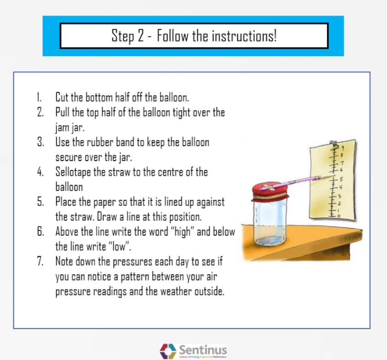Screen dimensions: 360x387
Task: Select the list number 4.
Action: click(x=40, y=172)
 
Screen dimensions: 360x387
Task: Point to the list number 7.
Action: click(x=40, y=262)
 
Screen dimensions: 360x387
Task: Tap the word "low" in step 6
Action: click(x=121, y=247)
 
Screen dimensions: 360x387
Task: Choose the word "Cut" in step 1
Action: click(x=63, y=98)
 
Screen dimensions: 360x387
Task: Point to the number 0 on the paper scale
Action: click(x=339, y=215)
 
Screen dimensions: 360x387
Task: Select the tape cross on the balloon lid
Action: click(x=270, y=186)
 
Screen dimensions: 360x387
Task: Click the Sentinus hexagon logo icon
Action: click(x=168, y=351)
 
